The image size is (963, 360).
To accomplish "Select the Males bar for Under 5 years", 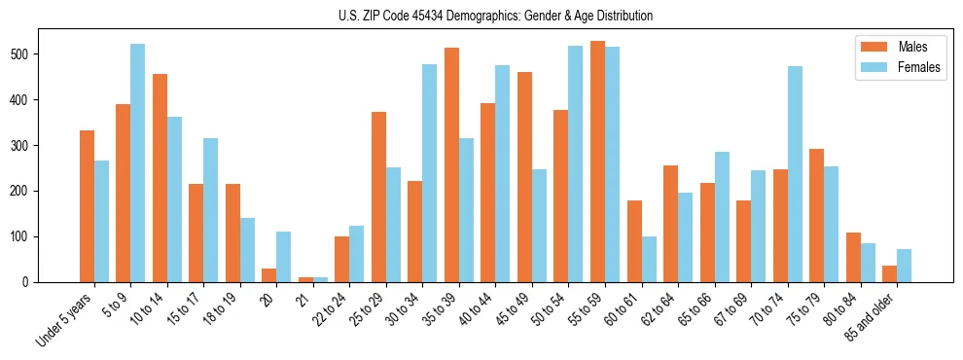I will point(87,206).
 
